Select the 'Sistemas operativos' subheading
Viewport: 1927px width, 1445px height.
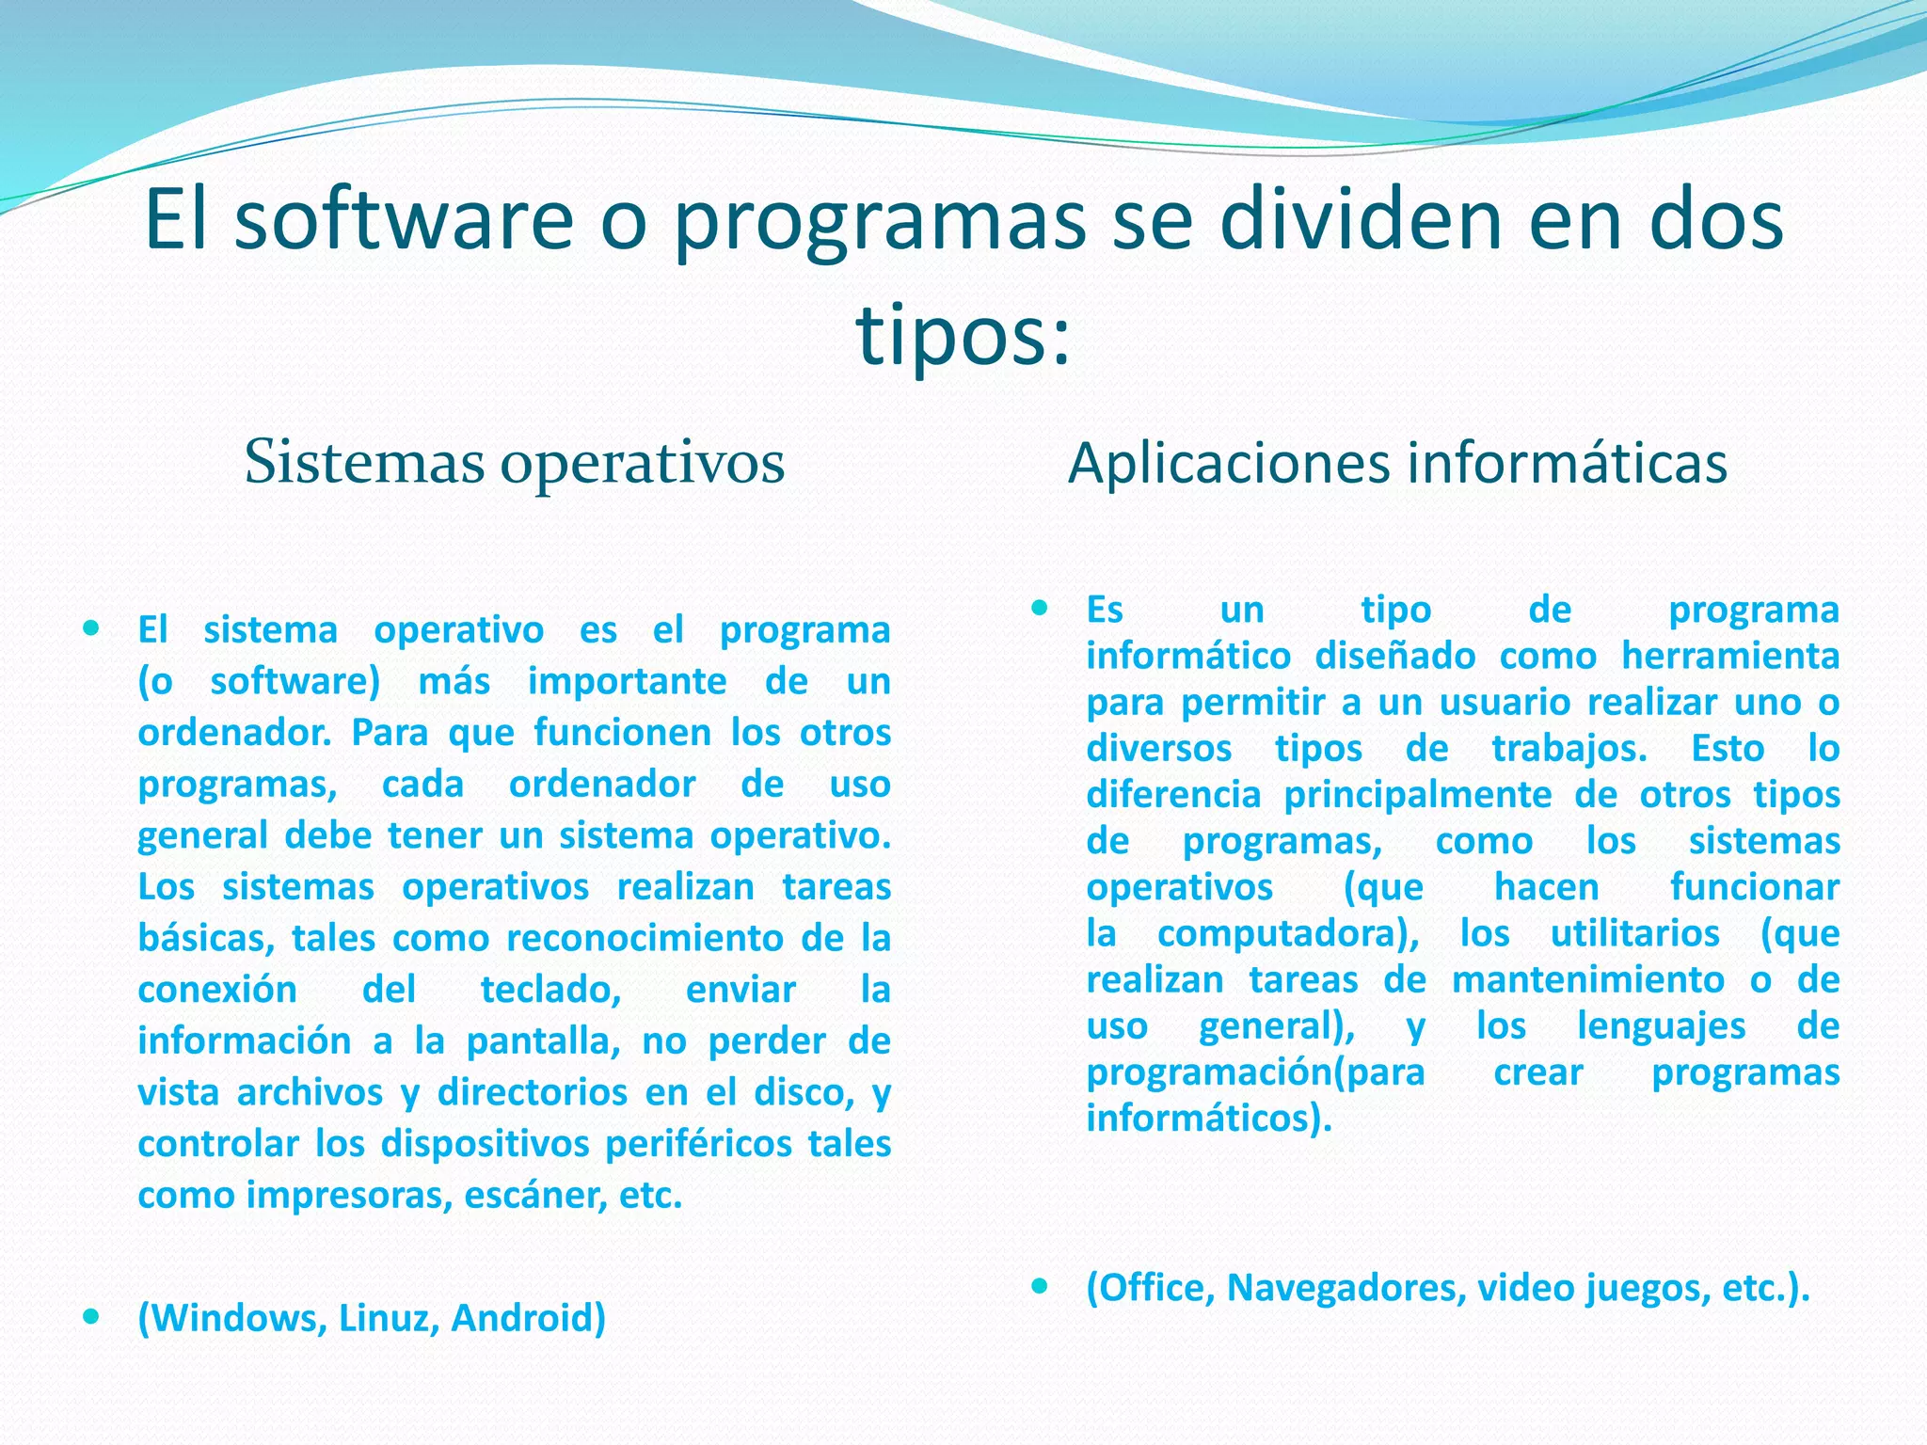click(514, 463)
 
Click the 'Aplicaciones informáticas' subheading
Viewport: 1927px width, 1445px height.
click(1397, 463)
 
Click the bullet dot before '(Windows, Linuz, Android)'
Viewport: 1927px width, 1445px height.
click(91, 1316)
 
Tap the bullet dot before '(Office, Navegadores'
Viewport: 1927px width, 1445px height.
click(1040, 1286)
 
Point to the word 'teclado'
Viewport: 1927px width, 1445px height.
click(550, 990)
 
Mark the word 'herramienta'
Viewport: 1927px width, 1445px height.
click(1730, 656)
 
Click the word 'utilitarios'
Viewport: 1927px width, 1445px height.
click(1635, 933)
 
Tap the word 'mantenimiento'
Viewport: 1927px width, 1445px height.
click(1588, 979)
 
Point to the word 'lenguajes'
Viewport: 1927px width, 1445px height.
click(1662, 1025)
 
